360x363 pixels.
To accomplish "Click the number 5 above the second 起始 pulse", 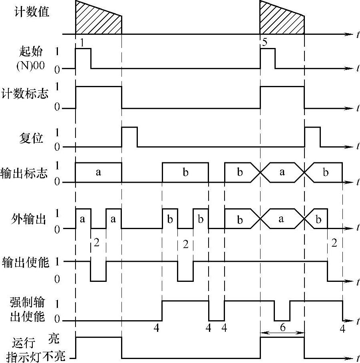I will point(265,43).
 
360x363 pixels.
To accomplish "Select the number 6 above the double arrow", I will point(282,327).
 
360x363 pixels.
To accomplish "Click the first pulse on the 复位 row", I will point(129,137).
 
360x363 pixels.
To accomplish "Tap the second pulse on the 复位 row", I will point(312,137).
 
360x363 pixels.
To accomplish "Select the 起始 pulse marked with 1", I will point(83,58).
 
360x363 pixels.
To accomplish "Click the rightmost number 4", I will point(342,329).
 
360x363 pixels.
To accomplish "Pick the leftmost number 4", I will point(156,329).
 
